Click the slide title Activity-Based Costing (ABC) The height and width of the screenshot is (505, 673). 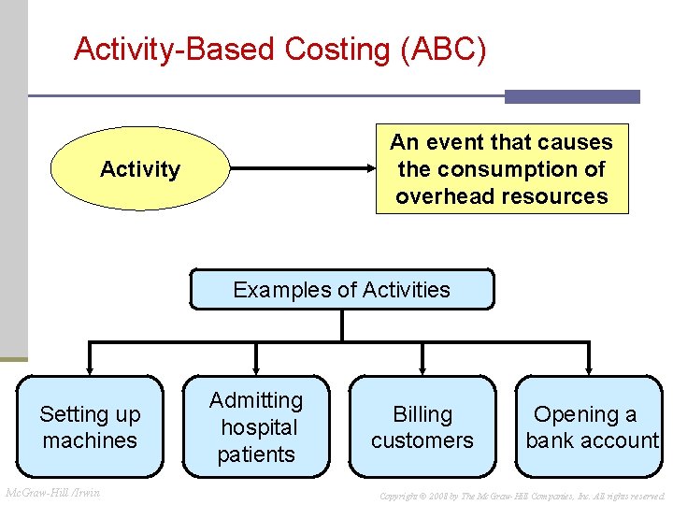click(279, 49)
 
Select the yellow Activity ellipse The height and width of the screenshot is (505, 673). click(139, 169)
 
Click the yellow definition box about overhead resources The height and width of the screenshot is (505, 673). click(502, 169)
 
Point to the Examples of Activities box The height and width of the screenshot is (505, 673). click(341, 290)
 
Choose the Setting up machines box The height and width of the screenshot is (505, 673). click(90, 427)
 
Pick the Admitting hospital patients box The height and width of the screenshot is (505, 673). click(256, 427)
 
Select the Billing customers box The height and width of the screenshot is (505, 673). click(422, 427)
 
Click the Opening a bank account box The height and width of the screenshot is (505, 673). click(590, 427)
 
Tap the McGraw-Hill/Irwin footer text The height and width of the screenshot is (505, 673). click(53, 493)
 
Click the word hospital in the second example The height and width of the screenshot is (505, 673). click(259, 427)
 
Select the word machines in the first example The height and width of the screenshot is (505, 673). click(90, 440)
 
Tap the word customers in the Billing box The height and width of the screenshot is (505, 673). click(422, 440)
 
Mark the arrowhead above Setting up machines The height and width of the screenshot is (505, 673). click(90, 368)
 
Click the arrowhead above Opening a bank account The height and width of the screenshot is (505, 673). click(590, 368)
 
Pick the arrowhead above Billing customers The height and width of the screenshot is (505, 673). click(422, 368)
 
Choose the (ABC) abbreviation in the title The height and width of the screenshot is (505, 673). click(442, 49)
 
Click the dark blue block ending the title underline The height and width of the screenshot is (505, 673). click(572, 96)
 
